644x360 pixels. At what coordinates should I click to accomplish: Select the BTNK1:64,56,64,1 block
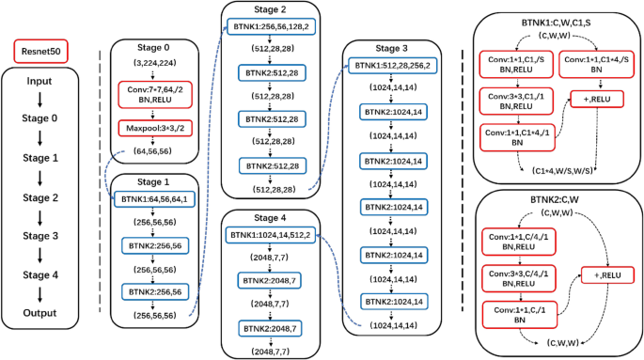tap(153, 200)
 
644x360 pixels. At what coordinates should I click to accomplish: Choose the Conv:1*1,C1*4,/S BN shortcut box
tap(595, 65)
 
